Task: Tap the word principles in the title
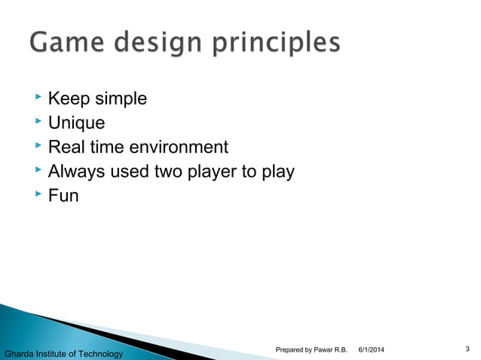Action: click(x=277, y=45)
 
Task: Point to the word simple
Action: click(x=120, y=99)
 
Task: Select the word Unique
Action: click(x=76, y=123)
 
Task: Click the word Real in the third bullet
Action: click(x=65, y=147)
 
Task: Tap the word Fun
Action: click(x=63, y=196)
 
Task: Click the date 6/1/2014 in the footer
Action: click(x=371, y=349)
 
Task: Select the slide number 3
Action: click(x=468, y=348)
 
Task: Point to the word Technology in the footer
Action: click(x=97, y=353)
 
